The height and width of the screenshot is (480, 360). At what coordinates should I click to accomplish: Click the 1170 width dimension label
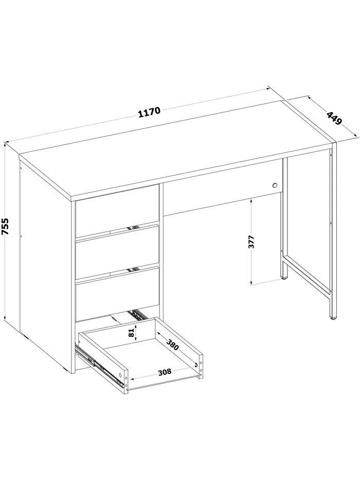pos(149,112)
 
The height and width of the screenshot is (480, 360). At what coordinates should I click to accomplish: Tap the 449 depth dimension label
pos(334,118)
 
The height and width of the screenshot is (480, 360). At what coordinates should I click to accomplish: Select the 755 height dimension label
pos(6,226)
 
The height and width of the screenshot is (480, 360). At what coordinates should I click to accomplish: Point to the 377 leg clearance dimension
pos(251,241)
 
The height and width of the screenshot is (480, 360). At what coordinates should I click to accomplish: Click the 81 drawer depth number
pos(131,333)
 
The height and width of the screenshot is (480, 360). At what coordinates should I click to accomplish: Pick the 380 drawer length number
pos(172,344)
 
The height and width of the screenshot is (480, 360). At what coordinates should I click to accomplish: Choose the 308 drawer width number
pos(165,372)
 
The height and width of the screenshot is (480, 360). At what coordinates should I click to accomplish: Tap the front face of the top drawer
pos(117,210)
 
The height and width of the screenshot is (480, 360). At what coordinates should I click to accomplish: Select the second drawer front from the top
pos(117,253)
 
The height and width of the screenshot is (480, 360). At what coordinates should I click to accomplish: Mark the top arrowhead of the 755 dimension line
pos(5,144)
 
